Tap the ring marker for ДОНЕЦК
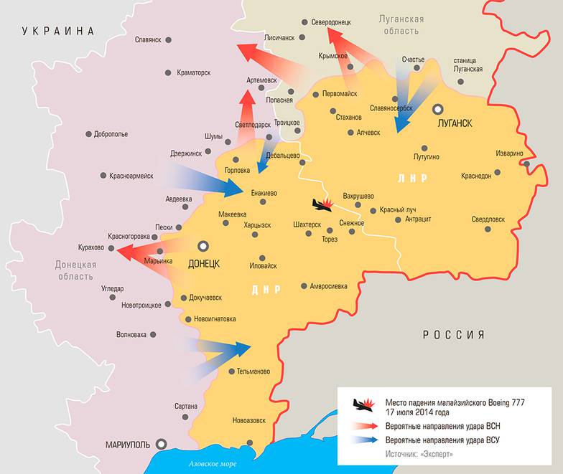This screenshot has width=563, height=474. click(x=204, y=245)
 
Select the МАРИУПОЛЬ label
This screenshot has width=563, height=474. click(x=127, y=444)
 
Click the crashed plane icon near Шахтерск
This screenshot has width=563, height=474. click(x=321, y=205)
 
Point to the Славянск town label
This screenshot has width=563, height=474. click(x=148, y=39)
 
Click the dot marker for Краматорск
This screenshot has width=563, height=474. click(x=168, y=72)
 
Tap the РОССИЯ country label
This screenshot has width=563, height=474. click(x=453, y=335)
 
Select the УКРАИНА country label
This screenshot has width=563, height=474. click(x=58, y=31)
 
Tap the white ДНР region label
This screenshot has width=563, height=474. click(x=266, y=290)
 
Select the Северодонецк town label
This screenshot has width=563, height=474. click(x=332, y=22)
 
